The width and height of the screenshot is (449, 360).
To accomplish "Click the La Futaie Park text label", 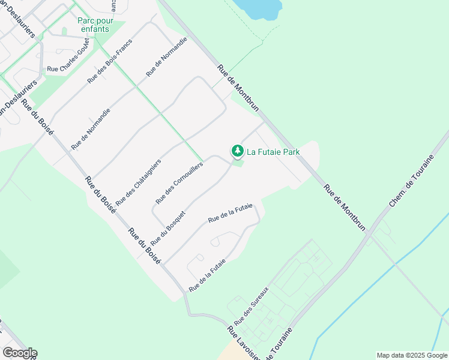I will [x=273, y=152].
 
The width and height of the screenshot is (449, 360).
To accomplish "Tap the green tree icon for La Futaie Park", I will [x=238, y=151].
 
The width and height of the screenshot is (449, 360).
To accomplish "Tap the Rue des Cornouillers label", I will [x=179, y=182].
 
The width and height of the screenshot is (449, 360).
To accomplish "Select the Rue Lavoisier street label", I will [x=242, y=344].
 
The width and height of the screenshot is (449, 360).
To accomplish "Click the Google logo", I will [x=19, y=353].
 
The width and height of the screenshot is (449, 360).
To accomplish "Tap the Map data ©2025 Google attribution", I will [x=412, y=355].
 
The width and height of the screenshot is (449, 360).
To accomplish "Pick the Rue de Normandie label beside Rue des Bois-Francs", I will [x=167, y=56].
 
